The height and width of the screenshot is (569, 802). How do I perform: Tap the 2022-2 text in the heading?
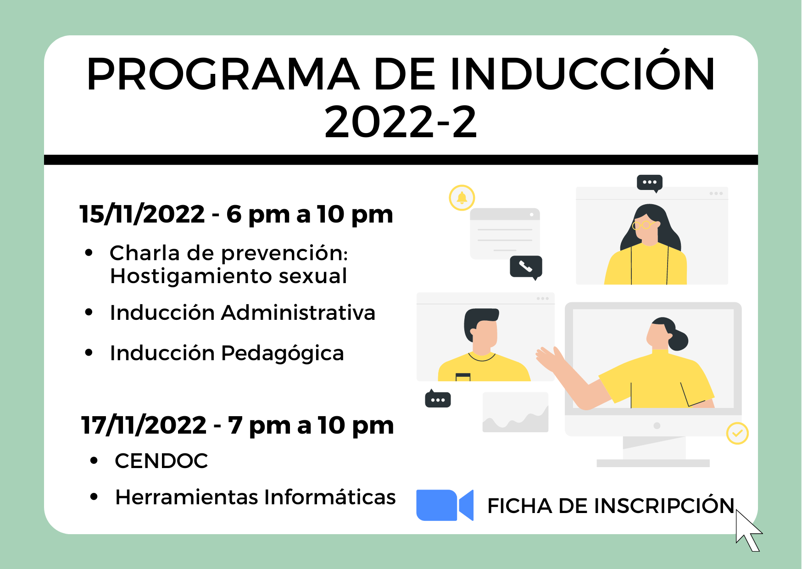[401, 122]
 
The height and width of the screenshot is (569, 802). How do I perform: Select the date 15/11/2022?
[142, 214]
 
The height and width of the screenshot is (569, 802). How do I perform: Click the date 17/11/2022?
[144, 425]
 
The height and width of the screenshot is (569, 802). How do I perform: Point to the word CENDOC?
[162, 461]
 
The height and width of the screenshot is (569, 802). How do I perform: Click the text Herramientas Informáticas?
[255, 497]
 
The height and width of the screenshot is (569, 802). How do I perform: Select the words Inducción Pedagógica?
[227, 353]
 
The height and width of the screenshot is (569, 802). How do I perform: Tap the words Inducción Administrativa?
[242, 313]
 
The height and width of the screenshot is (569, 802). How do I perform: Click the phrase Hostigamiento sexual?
[228, 276]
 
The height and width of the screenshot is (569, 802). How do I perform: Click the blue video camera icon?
[444, 505]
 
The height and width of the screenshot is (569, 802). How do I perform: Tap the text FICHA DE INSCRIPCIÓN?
[610, 506]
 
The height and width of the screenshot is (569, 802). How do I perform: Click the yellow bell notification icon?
[462, 198]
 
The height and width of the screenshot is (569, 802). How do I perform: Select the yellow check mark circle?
[737, 433]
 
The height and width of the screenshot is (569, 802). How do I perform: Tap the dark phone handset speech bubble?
[526, 267]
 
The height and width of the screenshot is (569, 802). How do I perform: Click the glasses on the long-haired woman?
[642, 225]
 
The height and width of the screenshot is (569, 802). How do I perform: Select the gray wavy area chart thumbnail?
[515, 413]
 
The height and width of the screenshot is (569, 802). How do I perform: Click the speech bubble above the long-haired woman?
[649, 183]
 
